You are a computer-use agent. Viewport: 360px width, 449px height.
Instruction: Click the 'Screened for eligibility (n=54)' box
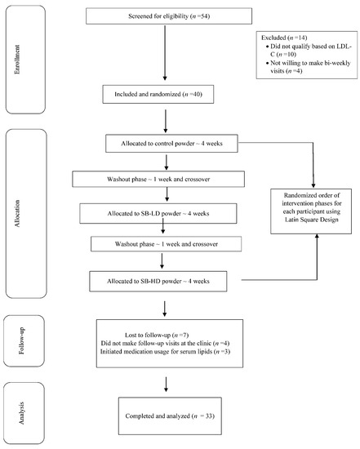coord(169,16)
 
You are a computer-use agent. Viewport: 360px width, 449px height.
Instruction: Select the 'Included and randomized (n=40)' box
coord(158,94)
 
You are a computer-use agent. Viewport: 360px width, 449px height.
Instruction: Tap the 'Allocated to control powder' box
coord(171,144)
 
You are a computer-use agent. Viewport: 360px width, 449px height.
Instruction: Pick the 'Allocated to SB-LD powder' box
coord(158,214)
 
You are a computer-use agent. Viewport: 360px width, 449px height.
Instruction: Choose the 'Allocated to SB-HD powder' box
coord(158,282)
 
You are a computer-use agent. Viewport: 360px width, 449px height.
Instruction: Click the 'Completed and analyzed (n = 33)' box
coord(170,416)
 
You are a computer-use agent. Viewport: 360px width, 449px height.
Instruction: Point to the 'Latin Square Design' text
coord(312,220)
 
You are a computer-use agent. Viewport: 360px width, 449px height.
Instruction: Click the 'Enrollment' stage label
coord(17,60)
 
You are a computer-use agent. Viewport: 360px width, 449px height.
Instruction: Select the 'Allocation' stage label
coord(17,214)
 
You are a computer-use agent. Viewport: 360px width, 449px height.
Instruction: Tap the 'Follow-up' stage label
coord(21,340)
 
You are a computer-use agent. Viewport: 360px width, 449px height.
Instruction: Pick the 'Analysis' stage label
coord(21,413)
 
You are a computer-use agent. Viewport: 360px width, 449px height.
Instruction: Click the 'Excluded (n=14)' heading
coord(284,38)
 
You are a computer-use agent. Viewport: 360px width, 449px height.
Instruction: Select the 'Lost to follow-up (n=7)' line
coord(157,335)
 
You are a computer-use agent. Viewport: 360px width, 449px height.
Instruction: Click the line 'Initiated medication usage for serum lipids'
coord(165,351)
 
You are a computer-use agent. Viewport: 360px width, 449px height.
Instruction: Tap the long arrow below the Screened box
coord(165,53)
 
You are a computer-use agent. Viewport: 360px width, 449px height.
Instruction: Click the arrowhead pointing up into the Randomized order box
coord(317,236)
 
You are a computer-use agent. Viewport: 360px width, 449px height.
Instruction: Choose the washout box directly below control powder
coord(158,180)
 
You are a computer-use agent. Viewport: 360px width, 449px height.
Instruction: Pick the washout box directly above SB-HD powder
coord(166,244)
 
